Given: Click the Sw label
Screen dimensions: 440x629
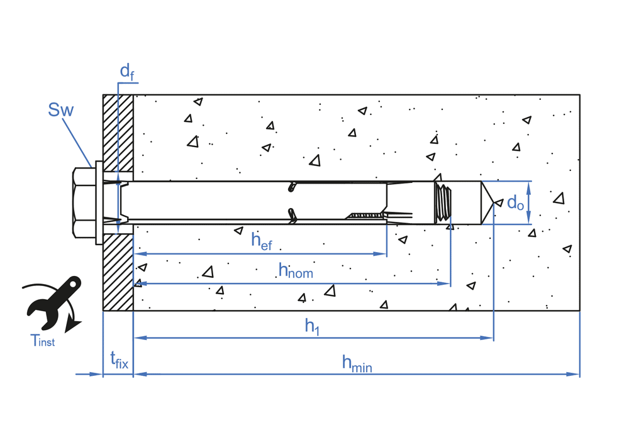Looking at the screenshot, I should [x=60, y=111].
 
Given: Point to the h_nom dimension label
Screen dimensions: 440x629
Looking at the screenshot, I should [x=295, y=270].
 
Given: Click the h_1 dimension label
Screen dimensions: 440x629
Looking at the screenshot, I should [x=312, y=326].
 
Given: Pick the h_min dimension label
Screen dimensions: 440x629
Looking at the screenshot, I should [x=357, y=362].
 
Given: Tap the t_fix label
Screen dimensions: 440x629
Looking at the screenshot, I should [x=119, y=361].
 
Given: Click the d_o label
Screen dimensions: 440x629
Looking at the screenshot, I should [x=515, y=202].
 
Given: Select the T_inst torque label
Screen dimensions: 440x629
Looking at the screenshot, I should [x=42, y=341].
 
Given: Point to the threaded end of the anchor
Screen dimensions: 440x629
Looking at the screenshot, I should [x=443, y=202].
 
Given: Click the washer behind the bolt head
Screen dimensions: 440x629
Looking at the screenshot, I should [x=99, y=202].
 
